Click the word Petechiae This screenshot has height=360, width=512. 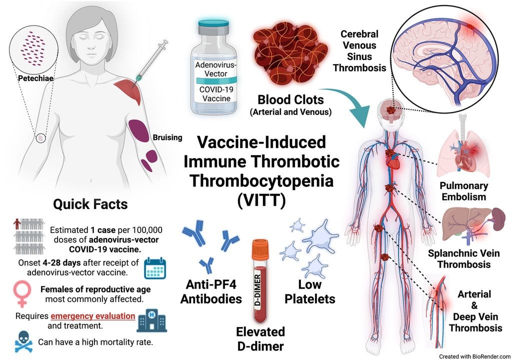tap(35, 78)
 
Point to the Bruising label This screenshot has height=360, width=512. tap(167, 137)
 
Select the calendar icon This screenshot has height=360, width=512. tap(155, 268)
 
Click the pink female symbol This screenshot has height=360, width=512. tap(22, 294)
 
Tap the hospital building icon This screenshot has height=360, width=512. tap(151, 320)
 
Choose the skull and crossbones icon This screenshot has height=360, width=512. tap(24, 341)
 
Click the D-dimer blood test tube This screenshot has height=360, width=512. tap(260, 281)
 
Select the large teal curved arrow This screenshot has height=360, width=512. tap(352, 103)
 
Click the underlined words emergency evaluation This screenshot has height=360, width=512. tap(93, 316)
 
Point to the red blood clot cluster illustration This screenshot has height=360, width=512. tap(290, 54)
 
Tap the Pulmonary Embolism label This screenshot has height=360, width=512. tap(463, 191)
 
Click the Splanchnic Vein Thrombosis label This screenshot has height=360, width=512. tap(463, 258)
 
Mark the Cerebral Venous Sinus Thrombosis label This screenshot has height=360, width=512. tap(359, 51)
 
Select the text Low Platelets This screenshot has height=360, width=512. tap(310, 291)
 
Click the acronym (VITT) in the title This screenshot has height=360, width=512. tap(261, 200)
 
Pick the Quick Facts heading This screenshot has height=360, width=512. tap(90, 204)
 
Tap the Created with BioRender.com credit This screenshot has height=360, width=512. tap(475, 356)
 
